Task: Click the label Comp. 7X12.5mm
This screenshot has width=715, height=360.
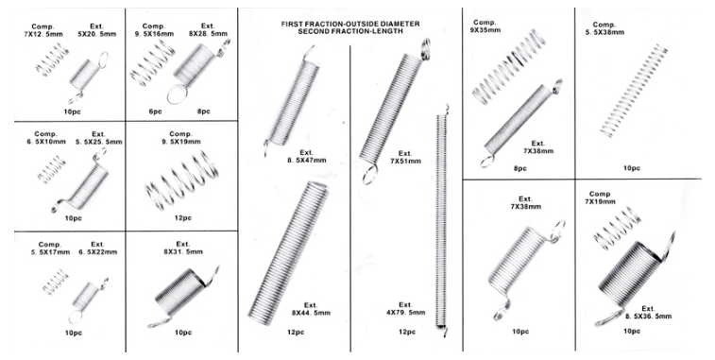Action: (43, 30)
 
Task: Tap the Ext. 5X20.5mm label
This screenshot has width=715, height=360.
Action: (96, 30)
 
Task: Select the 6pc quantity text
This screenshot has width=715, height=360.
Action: (155, 111)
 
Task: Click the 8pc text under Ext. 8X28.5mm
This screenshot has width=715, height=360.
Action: (203, 111)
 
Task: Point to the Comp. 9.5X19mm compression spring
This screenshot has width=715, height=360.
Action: (182, 180)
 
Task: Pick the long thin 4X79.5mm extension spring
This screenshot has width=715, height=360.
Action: (441, 220)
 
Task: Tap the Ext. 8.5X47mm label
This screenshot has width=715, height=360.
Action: (306, 156)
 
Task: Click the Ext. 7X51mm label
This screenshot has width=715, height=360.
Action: (405, 157)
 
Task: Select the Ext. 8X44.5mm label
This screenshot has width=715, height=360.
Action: (311, 309)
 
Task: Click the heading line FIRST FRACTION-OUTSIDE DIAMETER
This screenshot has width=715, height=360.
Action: (350, 24)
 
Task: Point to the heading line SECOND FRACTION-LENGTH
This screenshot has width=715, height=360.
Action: (350, 31)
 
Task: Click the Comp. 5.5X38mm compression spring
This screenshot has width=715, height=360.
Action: (634, 91)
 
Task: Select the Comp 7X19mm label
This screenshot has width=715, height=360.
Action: (600, 197)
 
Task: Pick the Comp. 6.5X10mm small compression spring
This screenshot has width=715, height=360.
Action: (52, 169)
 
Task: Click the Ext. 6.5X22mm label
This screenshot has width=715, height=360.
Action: (97, 248)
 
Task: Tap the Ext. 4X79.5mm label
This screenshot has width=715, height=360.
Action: (405, 308)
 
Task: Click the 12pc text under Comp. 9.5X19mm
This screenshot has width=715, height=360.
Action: (183, 218)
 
